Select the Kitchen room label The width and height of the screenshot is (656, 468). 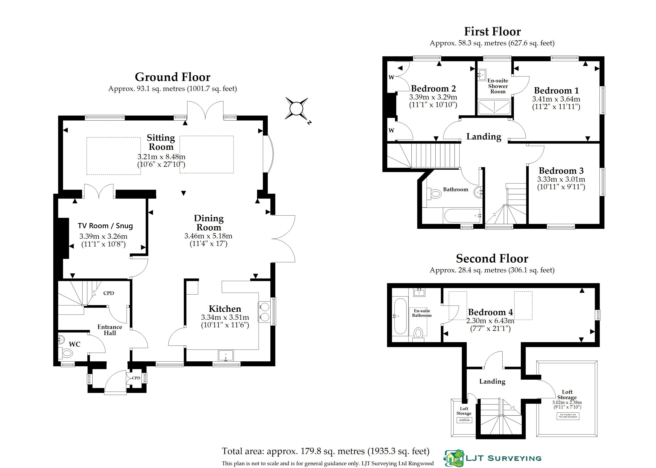point(225,309)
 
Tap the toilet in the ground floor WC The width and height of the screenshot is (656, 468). point(67,352)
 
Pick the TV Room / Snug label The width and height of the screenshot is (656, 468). point(105,226)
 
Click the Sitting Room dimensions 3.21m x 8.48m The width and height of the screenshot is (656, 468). point(161,157)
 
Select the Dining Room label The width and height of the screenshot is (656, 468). point(209,223)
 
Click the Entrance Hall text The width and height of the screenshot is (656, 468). point(110,330)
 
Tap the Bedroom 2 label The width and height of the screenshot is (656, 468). point(433,89)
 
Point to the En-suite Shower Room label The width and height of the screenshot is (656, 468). point(498,86)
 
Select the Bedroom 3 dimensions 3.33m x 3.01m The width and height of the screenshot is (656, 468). point(561,179)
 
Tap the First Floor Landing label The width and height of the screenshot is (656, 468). point(484,136)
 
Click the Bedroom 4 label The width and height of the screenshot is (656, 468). point(490,312)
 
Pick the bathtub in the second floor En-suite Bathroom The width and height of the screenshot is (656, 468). point(400,316)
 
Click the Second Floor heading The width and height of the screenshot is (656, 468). point(492,258)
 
